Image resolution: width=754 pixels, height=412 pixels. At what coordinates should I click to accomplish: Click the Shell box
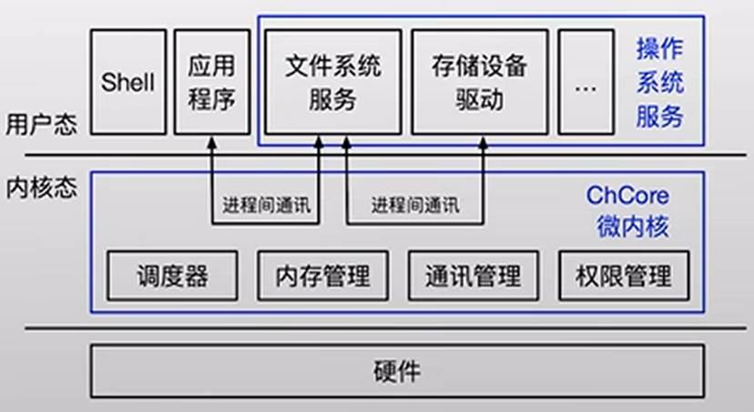(x=128, y=82)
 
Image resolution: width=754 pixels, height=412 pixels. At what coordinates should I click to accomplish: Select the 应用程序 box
(x=211, y=82)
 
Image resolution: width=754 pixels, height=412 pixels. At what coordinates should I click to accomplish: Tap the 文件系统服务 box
(x=331, y=82)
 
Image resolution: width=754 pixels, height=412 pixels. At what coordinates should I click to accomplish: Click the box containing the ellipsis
(x=586, y=82)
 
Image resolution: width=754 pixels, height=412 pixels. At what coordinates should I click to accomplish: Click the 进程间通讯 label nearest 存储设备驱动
(x=415, y=205)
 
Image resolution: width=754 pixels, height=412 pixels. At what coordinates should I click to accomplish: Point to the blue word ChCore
(x=627, y=196)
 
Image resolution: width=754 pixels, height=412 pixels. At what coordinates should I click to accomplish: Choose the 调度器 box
(x=173, y=274)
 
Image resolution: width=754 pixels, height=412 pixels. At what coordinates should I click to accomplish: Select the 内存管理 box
(x=323, y=274)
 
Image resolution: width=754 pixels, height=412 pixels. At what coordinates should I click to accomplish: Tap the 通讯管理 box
(x=473, y=274)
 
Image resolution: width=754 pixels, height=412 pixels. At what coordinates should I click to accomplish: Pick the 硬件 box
(x=397, y=371)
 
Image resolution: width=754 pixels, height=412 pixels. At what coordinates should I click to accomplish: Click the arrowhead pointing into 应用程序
(x=211, y=143)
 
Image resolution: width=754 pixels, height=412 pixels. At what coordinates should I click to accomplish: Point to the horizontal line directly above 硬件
(x=397, y=329)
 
